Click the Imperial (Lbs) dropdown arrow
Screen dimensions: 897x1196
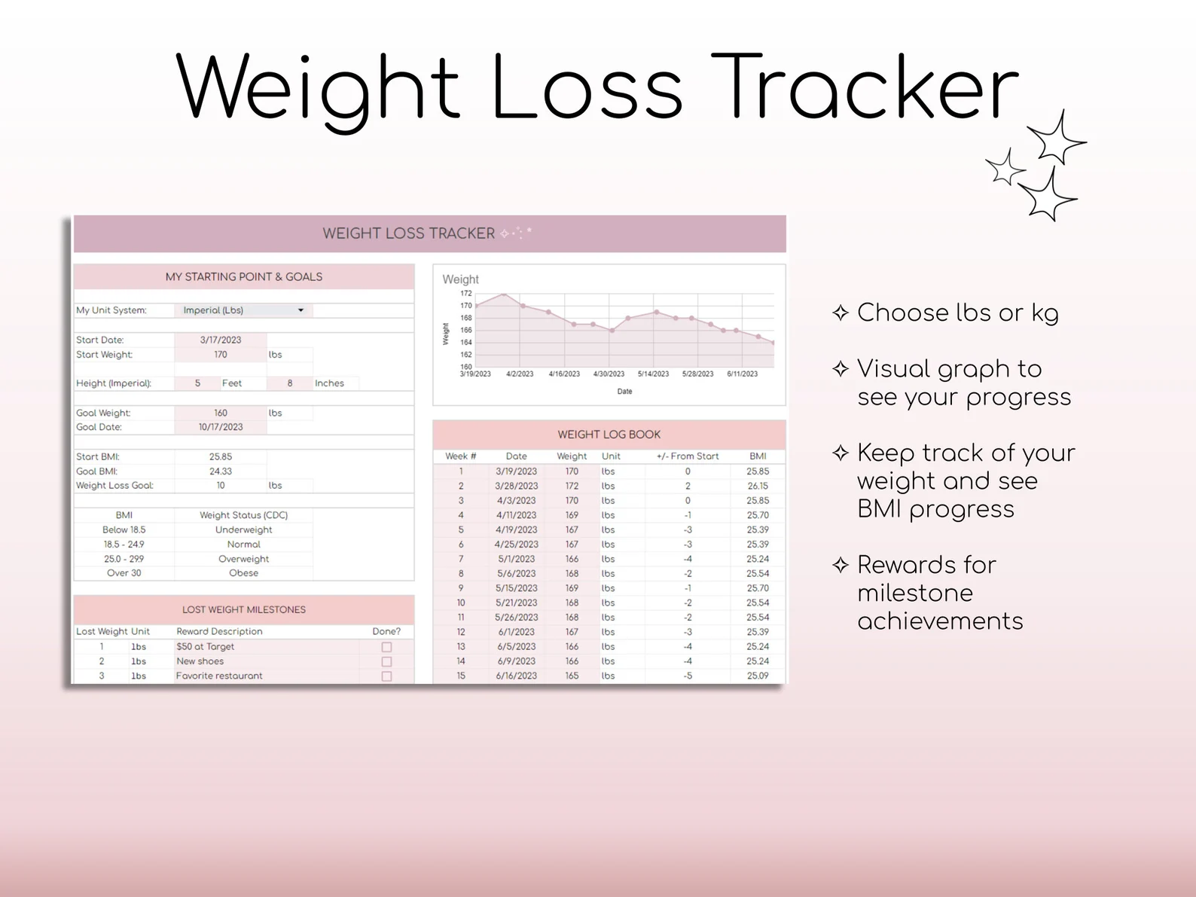click(301, 310)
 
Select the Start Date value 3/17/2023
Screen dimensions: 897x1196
click(220, 340)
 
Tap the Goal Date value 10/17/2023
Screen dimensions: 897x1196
click(220, 427)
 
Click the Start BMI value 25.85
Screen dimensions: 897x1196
click(220, 456)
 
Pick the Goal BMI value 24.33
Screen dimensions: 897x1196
click(220, 471)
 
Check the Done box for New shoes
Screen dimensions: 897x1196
click(386, 661)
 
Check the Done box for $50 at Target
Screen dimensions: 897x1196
click(386, 647)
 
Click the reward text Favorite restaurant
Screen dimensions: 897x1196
click(219, 676)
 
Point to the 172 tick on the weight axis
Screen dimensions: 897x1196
click(466, 293)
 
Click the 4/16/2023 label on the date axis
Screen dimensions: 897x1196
click(564, 374)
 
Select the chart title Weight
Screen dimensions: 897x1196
click(460, 279)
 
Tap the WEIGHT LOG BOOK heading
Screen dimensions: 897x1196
click(609, 435)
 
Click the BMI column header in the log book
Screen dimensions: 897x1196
click(758, 456)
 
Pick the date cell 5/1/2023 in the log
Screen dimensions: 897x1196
click(516, 559)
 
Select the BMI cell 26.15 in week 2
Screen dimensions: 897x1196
click(758, 486)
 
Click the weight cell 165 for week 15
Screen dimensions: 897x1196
click(572, 676)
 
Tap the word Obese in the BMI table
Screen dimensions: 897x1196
click(243, 573)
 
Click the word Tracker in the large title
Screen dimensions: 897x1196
click(865, 88)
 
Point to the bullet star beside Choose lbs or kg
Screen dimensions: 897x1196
click(841, 313)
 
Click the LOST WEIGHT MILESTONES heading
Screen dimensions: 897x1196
click(243, 609)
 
